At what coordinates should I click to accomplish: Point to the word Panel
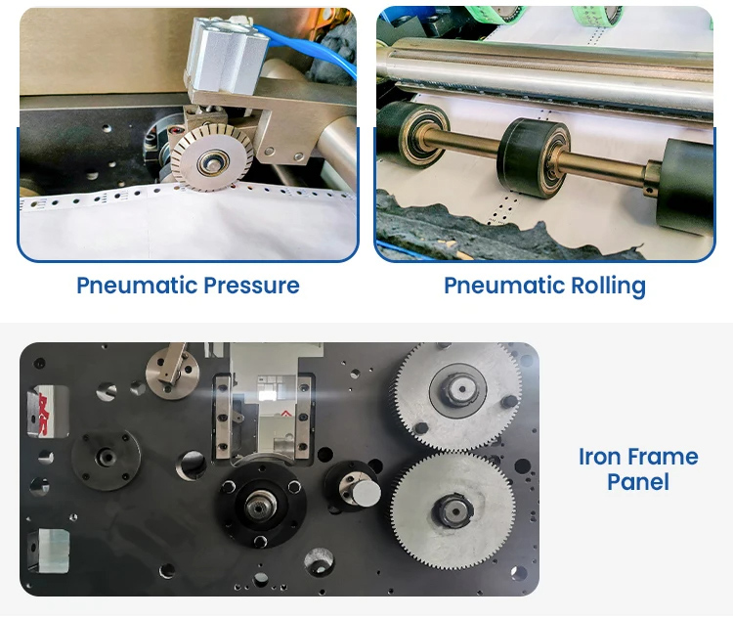(638, 482)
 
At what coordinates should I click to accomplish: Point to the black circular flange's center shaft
(262, 506)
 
